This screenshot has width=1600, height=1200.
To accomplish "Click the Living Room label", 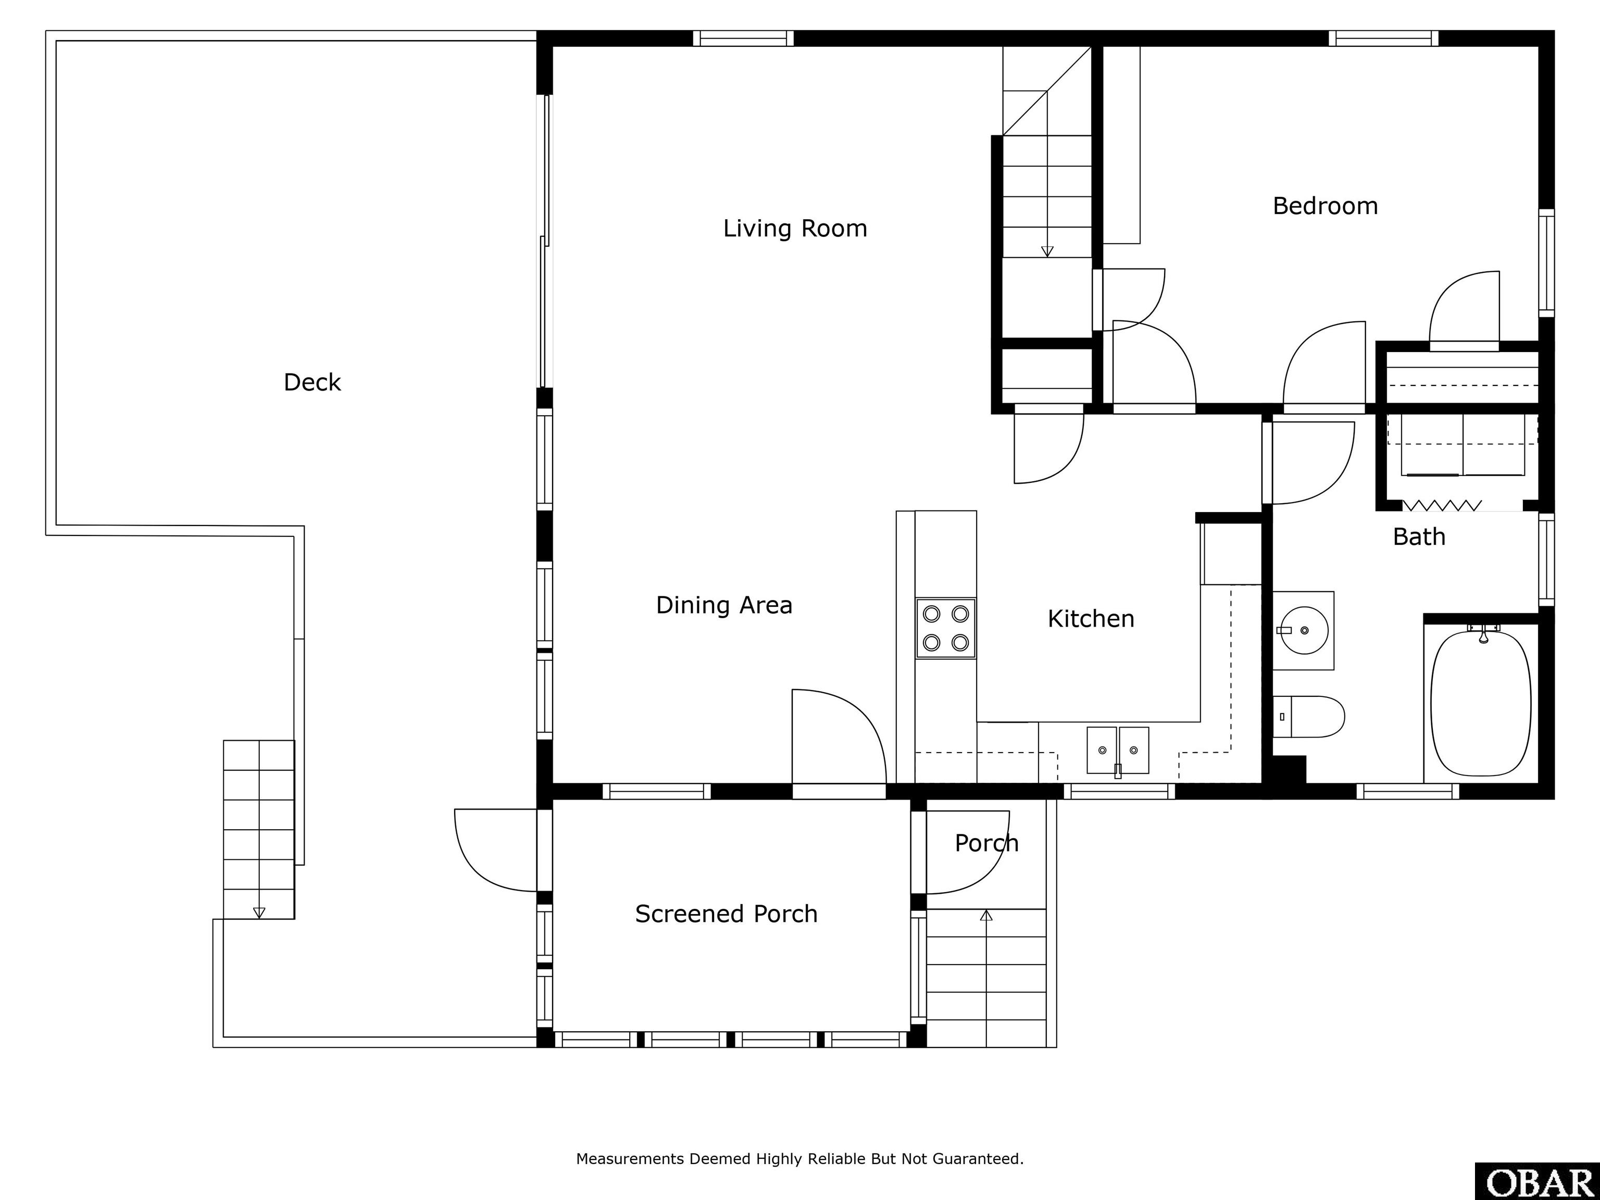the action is [x=795, y=229].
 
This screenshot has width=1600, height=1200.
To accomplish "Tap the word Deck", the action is [x=312, y=382].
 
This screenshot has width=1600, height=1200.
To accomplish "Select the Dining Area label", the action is [x=724, y=605].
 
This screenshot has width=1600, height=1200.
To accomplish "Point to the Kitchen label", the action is [x=1091, y=618].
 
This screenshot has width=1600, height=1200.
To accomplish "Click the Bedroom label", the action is [x=1325, y=206].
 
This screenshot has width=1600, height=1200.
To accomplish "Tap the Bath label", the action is [x=1419, y=536].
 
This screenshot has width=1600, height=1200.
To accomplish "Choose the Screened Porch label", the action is [x=726, y=914].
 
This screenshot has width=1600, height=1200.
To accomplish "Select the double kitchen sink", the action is [x=1118, y=750].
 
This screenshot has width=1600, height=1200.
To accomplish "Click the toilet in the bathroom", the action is [x=1308, y=717].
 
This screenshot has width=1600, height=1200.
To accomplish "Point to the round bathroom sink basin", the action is [x=1304, y=630].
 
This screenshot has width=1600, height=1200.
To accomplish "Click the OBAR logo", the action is [x=1537, y=1181].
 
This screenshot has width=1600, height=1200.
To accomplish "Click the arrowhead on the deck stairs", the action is [x=259, y=913].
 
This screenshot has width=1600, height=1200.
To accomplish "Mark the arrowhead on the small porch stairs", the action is [x=986, y=915].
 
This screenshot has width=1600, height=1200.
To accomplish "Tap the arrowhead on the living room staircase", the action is [x=1047, y=252].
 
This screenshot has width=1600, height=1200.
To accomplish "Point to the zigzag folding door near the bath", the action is [x=1442, y=505].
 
